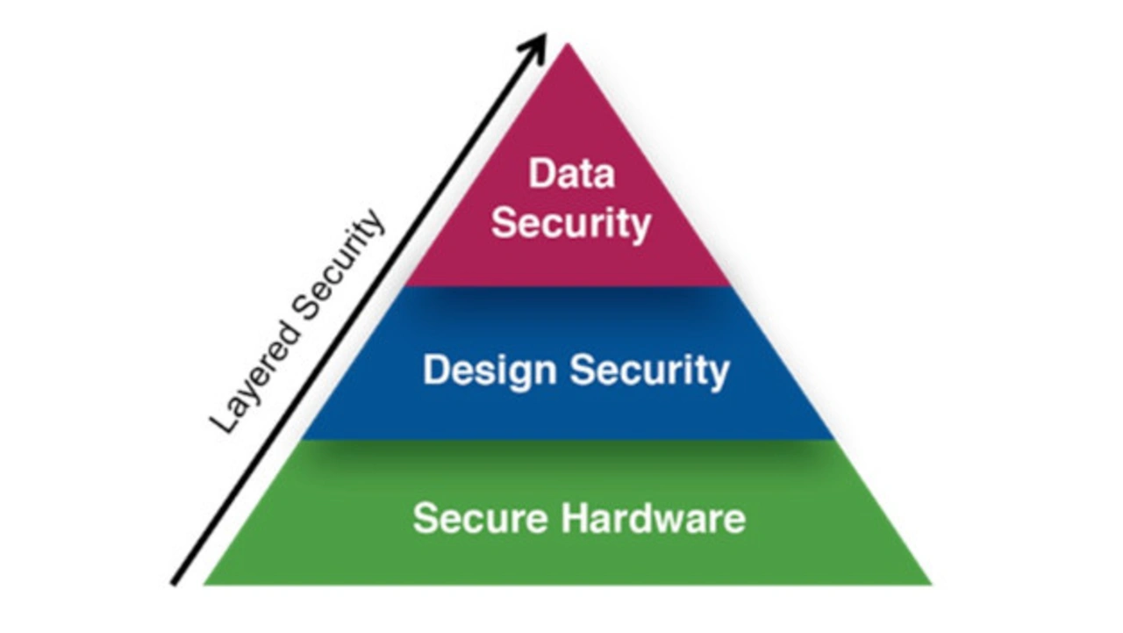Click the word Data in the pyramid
[571, 174]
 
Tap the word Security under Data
[571, 223]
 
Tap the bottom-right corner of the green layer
[930, 583]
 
